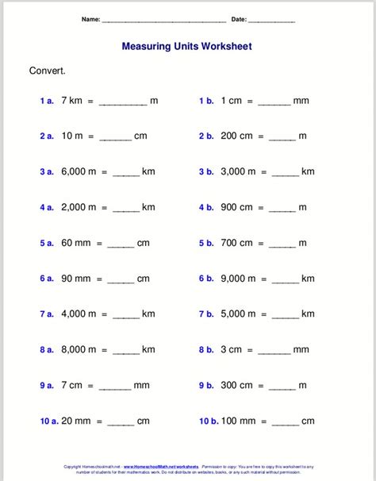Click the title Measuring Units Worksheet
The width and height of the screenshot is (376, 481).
(186, 47)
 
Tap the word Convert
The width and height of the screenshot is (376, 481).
(48, 71)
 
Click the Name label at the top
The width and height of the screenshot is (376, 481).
(90, 19)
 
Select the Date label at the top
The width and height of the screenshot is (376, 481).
(239, 19)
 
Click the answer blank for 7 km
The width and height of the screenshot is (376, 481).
(123, 102)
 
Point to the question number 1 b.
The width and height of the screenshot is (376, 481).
(207, 101)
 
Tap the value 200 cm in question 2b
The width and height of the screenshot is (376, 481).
(237, 136)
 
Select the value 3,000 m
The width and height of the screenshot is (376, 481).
(239, 171)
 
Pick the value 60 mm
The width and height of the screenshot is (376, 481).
(76, 243)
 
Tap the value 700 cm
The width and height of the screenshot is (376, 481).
(237, 243)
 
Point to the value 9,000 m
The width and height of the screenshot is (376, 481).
(239, 279)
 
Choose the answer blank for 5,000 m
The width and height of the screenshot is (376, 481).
(285, 316)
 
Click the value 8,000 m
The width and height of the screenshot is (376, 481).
(79, 349)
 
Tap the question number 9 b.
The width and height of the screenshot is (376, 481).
(207, 385)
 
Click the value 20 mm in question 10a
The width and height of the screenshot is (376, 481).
(76, 421)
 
